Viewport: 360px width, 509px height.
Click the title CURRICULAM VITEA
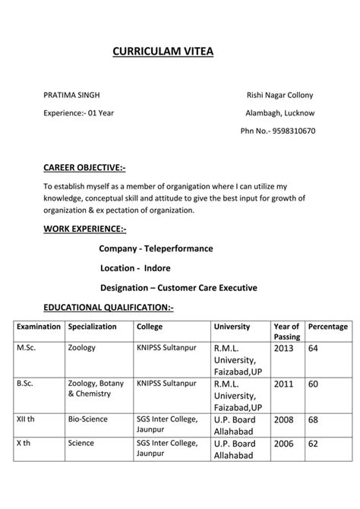coord(163,52)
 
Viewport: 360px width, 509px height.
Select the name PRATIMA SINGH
coord(71,95)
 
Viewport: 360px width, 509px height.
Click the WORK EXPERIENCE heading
coord(85,228)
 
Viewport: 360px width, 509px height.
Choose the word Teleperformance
coord(176,248)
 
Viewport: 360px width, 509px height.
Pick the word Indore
coord(156,268)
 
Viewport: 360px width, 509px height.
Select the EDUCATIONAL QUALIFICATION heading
coord(109,308)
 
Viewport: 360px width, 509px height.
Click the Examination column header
coord(39,327)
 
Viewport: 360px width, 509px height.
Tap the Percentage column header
coord(328,327)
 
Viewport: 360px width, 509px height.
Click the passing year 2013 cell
coord(283,348)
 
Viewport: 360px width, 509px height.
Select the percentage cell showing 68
coord(313,419)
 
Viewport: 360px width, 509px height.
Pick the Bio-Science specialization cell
coord(87,419)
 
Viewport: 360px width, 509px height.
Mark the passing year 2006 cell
coord(283,444)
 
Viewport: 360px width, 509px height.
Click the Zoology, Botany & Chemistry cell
coord(96,388)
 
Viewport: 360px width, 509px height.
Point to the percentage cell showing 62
coord(313,444)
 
